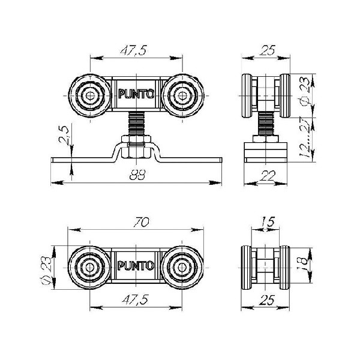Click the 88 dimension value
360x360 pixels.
(137, 176)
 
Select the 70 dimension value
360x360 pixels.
(142, 222)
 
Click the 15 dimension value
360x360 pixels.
(267, 221)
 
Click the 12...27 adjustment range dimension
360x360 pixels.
(305, 138)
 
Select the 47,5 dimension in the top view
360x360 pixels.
(133, 50)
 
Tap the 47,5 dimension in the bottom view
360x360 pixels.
(136, 299)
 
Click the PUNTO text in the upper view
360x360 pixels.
(136, 94)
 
